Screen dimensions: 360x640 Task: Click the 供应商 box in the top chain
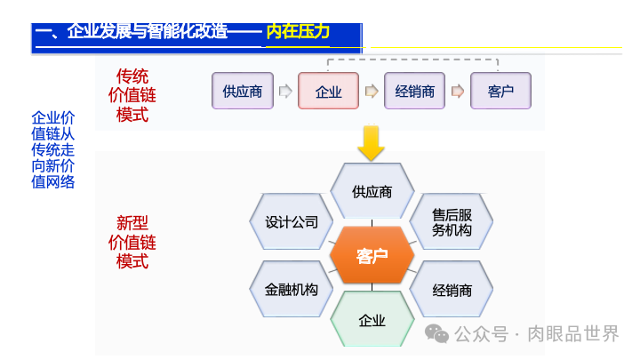[x=243, y=91]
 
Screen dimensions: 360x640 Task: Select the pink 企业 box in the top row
[x=328, y=91]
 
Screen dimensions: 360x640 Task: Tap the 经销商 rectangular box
[x=414, y=91]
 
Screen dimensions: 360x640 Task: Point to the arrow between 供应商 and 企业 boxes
[x=285, y=91]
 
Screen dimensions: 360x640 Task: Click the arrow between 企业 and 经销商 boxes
[x=372, y=91]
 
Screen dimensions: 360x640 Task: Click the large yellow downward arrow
[x=371, y=143]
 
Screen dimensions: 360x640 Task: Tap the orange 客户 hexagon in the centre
[x=372, y=257]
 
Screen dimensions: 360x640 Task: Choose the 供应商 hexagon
[x=372, y=191]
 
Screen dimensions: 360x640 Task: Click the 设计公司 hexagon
[x=292, y=222]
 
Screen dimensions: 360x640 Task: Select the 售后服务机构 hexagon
[x=452, y=222]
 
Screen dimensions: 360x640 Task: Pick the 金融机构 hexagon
[x=292, y=290]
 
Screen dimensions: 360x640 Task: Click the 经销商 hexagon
[x=452, y=290]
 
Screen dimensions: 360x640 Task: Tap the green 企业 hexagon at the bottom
[x=372, y=319]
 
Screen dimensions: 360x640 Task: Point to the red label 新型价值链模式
[x=132, y=242]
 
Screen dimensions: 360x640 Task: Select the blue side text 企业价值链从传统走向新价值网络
[x=53, y=149]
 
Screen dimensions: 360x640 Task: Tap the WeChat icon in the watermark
[x=436, y=333]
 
